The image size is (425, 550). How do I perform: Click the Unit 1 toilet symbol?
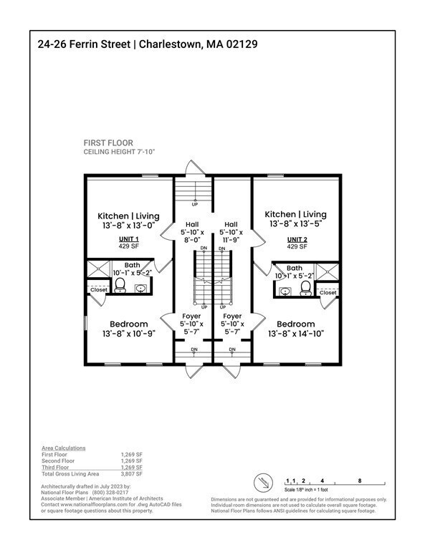click(120, 286)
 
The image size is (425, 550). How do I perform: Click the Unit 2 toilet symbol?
click(306, 288)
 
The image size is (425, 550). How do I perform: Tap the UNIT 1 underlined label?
click(129, 238)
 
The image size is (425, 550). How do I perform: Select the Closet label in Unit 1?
click(97, 290)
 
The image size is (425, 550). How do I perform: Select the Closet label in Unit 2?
click(328, 292)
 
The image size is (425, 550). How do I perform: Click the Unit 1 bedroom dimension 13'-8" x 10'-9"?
click(129, 334)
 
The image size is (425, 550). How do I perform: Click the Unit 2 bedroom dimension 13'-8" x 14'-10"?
click(296, 334)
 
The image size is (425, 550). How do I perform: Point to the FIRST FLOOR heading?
click(108, 143)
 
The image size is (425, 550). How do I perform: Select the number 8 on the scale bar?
click(358, 481)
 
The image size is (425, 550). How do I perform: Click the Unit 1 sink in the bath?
click(141, 289)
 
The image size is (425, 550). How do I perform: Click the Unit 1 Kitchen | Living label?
click(129, 216)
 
